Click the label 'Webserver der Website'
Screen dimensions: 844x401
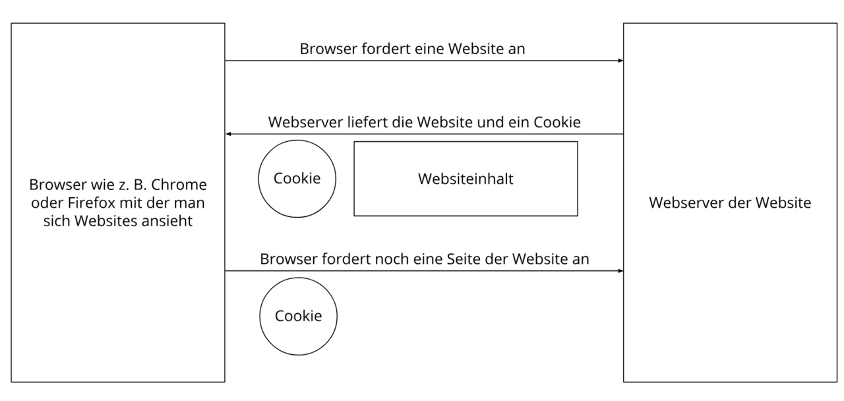tap(730, 202)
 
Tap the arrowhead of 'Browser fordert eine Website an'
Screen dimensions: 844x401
tap(620, 61)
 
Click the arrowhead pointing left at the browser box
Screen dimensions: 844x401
tap(228, 134)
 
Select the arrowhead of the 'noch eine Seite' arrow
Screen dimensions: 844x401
tap(620, 270)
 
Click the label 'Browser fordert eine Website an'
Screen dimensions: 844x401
tap(412, 49)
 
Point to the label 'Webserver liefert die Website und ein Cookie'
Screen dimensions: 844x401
tap(424, 122)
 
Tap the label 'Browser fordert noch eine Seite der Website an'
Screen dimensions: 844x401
tap(424, 259)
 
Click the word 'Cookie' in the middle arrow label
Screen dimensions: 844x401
tap(557, 122)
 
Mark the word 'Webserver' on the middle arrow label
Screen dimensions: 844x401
tap(305, 122)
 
